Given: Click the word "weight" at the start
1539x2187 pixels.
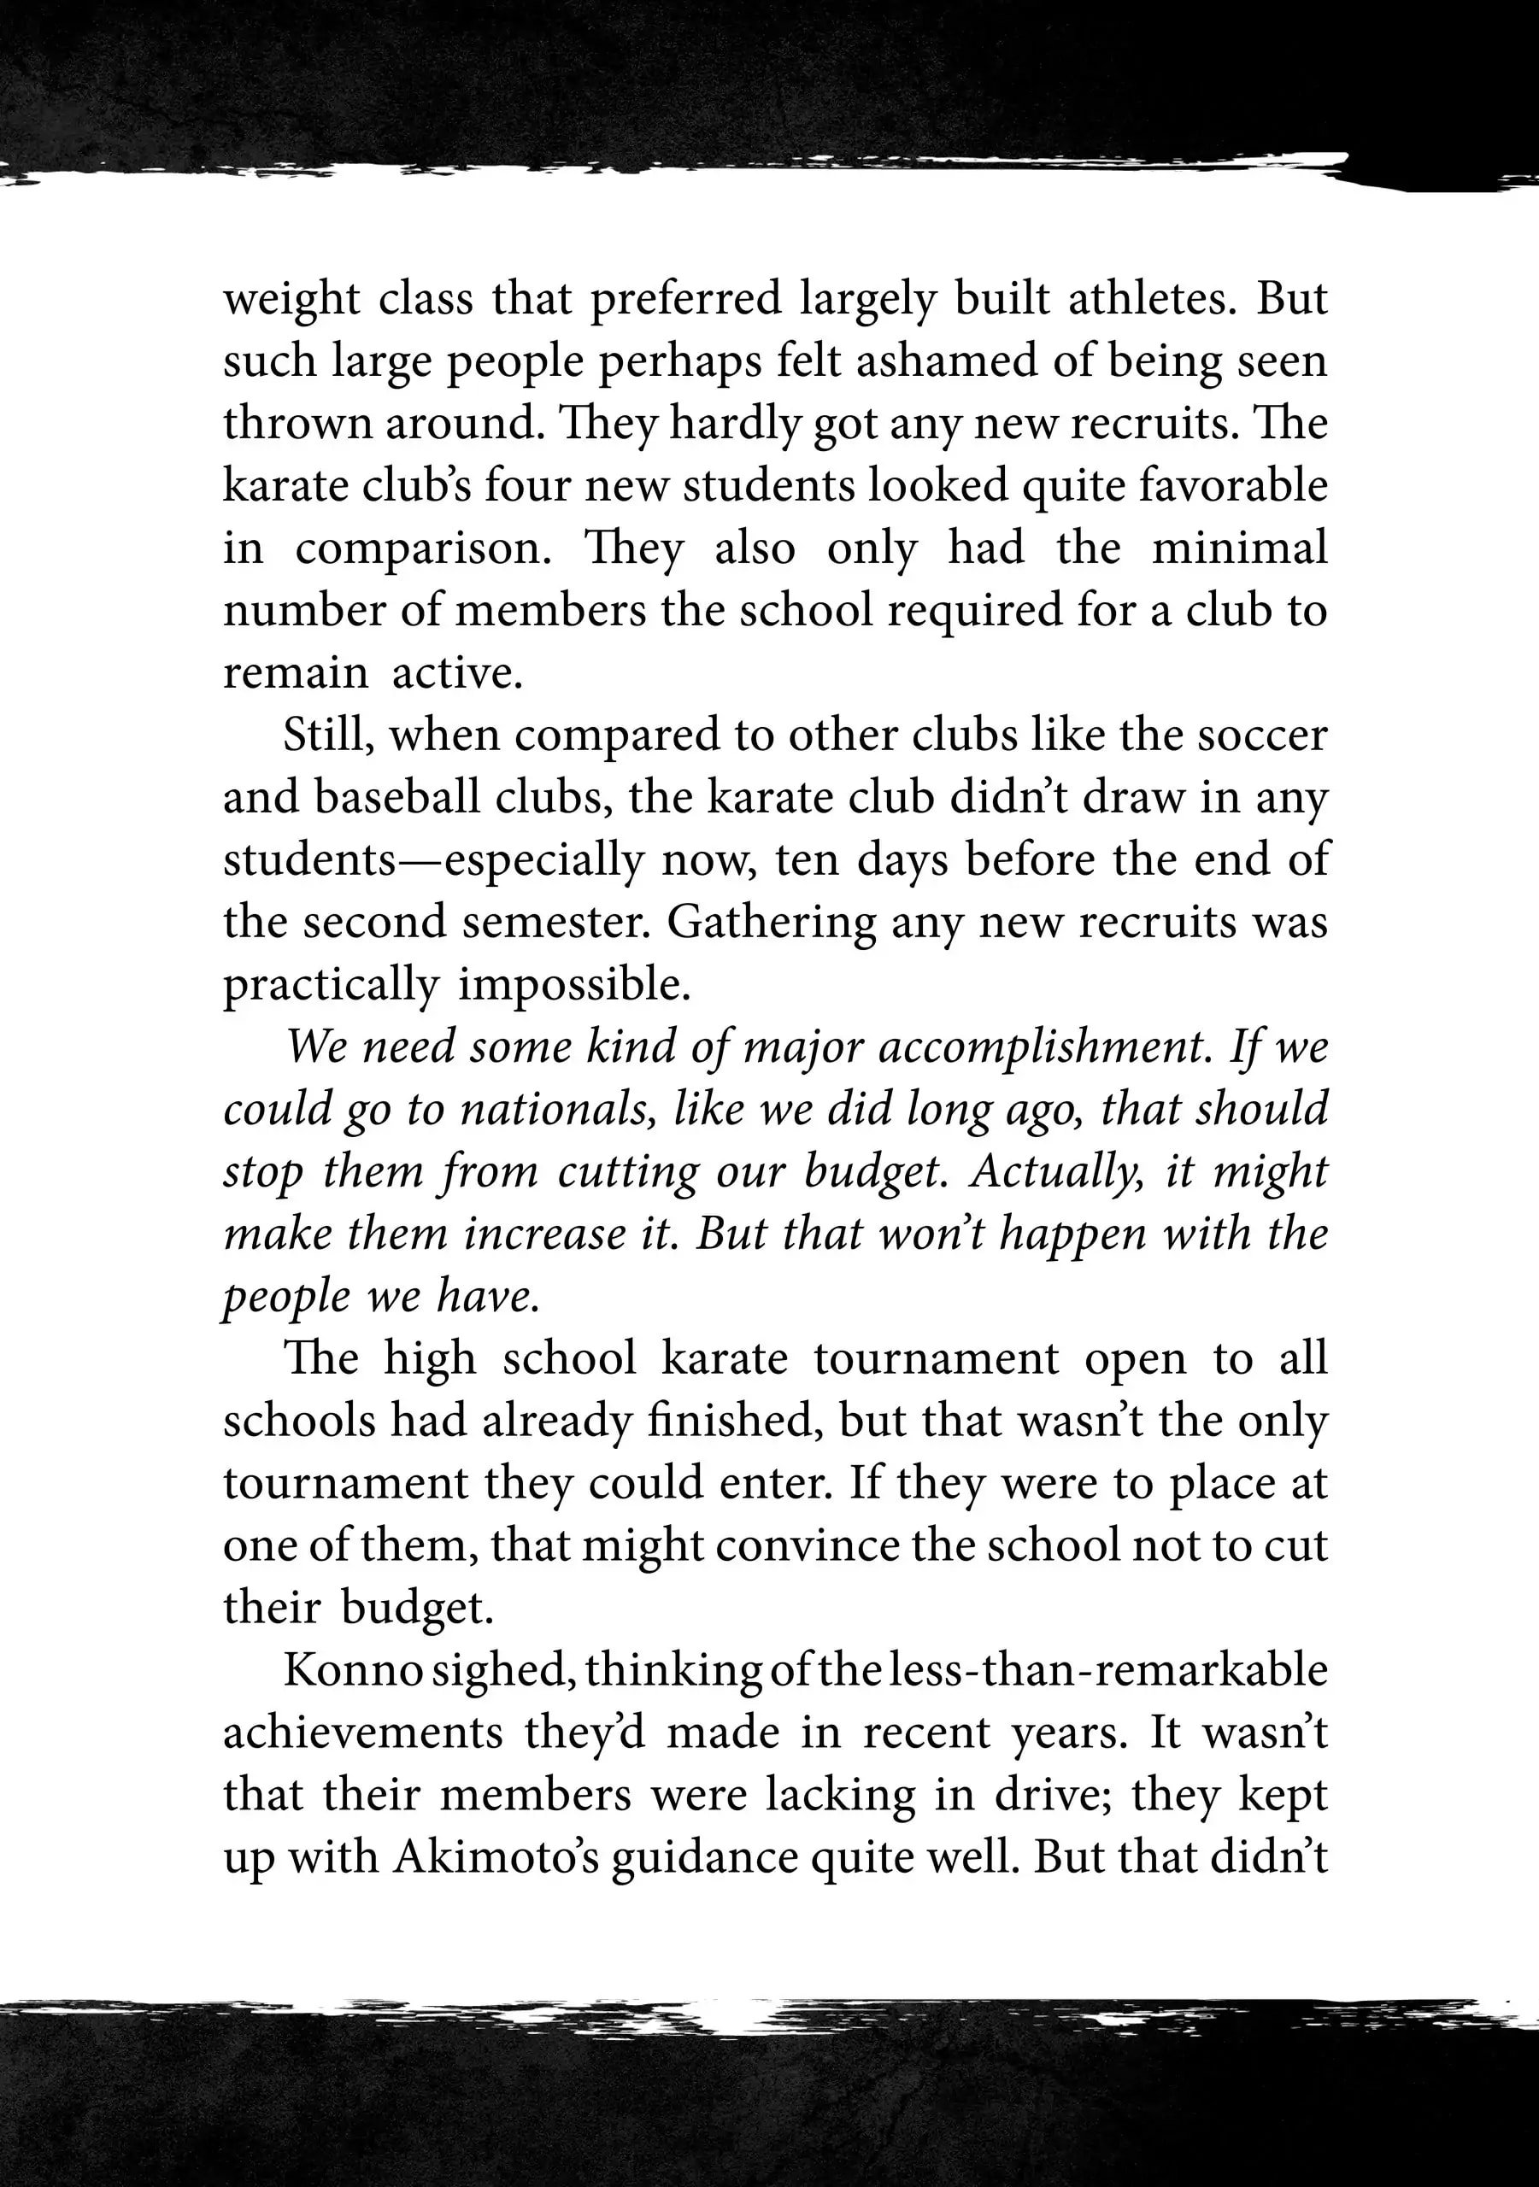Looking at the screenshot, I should [290, 300].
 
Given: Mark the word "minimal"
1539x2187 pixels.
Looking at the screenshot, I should [1239, 548].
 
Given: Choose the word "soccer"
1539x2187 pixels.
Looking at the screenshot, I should [1261, 736].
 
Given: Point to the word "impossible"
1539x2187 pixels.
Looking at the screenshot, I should [573, 985].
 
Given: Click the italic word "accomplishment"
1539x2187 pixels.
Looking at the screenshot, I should [1043, 1047].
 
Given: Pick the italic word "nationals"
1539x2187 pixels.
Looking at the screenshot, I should [557, 1110].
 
